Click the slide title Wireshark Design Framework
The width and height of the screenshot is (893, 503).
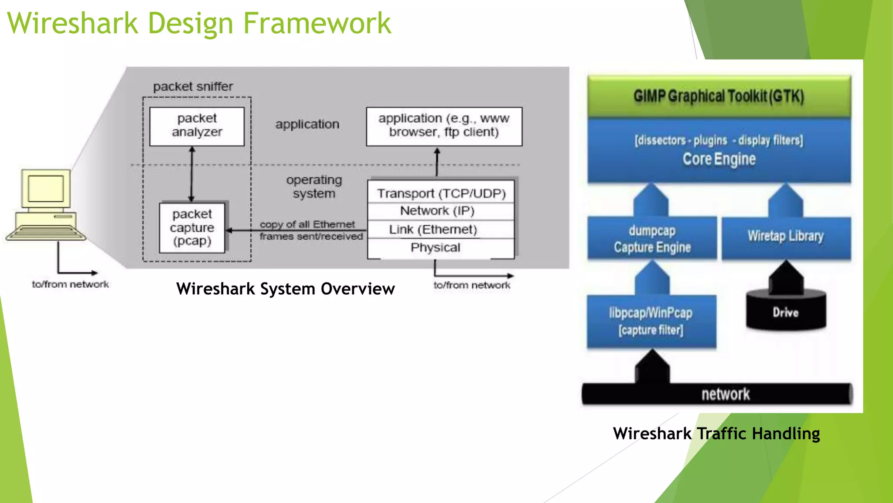(x=199, y=24)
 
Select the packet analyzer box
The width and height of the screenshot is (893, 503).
(x=197, y=126)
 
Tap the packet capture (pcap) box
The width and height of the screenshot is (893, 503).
(x=192, y=227)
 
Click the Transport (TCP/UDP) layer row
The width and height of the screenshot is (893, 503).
(x=441, y=193)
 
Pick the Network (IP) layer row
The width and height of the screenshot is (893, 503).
(x=437, y=211)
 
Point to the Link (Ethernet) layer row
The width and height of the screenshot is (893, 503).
(x=433, y=229)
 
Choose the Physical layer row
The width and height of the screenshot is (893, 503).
(x=435, y=248)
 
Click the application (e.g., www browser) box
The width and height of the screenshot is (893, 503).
(x=444, y=126)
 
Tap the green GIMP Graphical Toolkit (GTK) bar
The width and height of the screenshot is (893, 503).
(x=719, y=96)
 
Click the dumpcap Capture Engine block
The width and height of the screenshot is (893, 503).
(x=652, y=239)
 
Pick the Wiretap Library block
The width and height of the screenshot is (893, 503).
(x=786, y=236)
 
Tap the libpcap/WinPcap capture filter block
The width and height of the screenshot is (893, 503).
(x=651, y=321)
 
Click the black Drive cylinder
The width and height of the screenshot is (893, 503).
(x=786, y=312)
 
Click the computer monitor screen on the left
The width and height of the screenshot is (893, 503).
(x=46, y=189)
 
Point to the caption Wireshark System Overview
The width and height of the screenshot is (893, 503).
(x=286, y=289)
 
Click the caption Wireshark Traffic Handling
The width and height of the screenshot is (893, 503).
(x=716, y=434)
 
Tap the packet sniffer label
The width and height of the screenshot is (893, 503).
(x=193, y=86)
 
